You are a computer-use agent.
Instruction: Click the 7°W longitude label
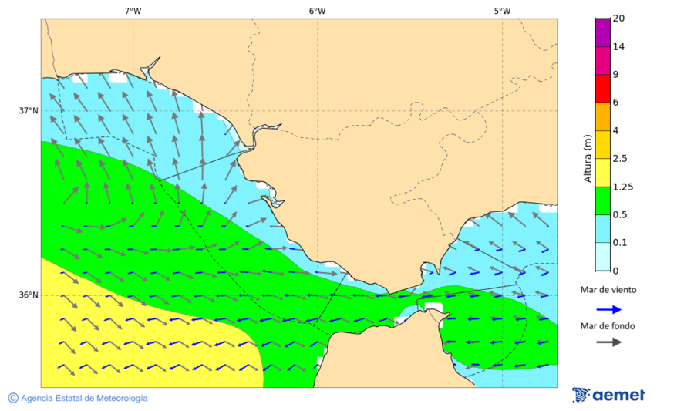click(x=133, y=11)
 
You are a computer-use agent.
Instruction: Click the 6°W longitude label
click(x=317, y=11)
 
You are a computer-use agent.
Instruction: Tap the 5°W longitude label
click(x=502, y=11)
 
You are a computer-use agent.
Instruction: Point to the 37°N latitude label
click(x=29, y=111)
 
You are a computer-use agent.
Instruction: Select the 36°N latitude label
click(x=29, y=295)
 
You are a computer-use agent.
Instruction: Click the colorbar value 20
click(x=618, y=19)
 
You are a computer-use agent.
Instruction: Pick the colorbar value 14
click(x=618, y=46)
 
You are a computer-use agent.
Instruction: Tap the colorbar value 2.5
click(x=619, y=158)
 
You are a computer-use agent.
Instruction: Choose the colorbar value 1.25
click(x=622, y=187)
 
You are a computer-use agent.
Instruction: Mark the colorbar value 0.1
click(x=619, y=242)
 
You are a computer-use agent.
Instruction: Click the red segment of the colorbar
click(x=602, y=88)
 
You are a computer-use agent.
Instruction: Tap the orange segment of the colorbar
click(x=602, y=116)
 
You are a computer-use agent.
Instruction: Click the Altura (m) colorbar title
click(x=588, y=158)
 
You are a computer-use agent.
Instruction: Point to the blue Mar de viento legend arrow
click(x=609, y=309)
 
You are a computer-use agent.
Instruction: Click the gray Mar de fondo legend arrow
click(x=609, y=342)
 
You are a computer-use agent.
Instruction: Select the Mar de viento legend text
click(x=608, y=290)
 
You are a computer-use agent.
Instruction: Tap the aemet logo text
click(x=618, y=396)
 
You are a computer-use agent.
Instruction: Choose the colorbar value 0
click(x=615, y=271)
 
